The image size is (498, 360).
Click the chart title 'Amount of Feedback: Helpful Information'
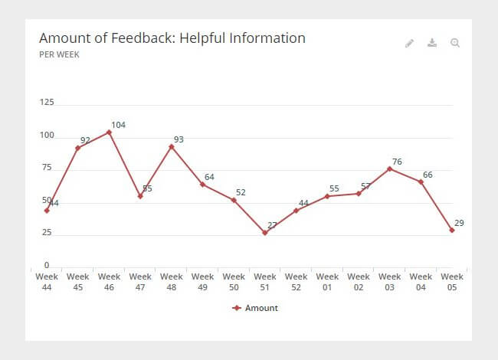172,38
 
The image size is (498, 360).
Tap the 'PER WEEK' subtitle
59,55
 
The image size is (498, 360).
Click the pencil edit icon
409,43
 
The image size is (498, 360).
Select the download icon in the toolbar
432,43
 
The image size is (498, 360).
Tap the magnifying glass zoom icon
455,43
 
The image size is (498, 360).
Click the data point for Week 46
109,132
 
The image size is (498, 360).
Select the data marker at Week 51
265,233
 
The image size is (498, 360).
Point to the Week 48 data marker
172,146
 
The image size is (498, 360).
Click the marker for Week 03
390,169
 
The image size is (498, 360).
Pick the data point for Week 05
452,230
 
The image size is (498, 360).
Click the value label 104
118,125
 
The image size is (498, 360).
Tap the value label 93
179,139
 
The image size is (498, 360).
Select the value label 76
397,162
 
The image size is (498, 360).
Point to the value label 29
459,223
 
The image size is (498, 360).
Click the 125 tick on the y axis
46,102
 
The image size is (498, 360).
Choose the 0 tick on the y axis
46,265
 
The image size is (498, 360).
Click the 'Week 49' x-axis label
202,282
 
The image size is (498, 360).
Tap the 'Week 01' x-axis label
327,282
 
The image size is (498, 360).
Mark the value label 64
209,177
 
